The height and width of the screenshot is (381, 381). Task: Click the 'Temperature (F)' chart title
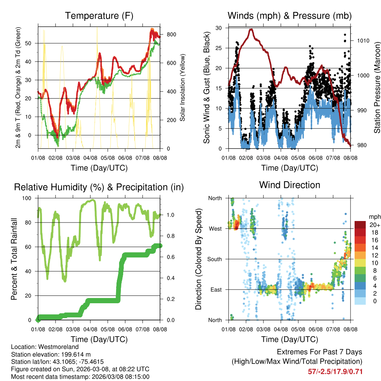(x=99, y=16)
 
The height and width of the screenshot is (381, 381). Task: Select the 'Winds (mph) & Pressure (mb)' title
(x=289, y=16)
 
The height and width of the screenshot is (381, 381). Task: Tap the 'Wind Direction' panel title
(x=289, y=185)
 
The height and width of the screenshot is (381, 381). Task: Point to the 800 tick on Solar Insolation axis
(x=171, y=34)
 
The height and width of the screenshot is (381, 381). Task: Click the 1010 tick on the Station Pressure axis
(x=363, y=41)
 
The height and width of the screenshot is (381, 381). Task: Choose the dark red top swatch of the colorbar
(x=360, y=225)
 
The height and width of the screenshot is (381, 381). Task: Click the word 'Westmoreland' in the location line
(x=56, y=346)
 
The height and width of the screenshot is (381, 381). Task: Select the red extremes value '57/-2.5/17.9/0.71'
(x=335, y=371)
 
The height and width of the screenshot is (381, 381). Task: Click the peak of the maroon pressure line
(x=251, y=29)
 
